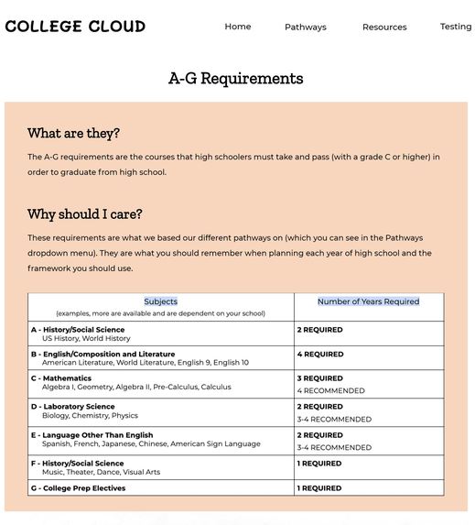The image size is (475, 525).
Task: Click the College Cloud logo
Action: point(75,27)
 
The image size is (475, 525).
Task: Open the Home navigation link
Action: point(238,27)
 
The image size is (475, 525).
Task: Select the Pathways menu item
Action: point(306,27)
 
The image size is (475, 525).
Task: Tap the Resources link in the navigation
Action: point(384,27)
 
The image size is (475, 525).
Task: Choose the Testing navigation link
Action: point(456,27)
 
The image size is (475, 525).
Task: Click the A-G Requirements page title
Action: point(236,79)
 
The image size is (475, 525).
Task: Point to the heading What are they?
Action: point(73,134)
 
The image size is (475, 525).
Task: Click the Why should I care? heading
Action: point(85,214)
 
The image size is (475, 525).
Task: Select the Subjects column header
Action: point(161,301)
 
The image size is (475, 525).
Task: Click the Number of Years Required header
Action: point(368,301)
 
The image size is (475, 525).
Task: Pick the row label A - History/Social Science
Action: point(78,330)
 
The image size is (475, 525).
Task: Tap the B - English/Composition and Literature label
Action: point(103,354)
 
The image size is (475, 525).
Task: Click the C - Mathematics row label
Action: point(61,378)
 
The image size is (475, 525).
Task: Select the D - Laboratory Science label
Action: point(73,407)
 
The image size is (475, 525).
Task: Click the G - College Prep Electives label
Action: point(79,488)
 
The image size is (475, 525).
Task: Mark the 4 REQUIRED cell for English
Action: point(320,355)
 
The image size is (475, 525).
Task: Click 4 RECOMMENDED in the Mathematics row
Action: point(330,391)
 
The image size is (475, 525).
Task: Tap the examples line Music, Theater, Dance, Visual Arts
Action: point(101,473)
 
